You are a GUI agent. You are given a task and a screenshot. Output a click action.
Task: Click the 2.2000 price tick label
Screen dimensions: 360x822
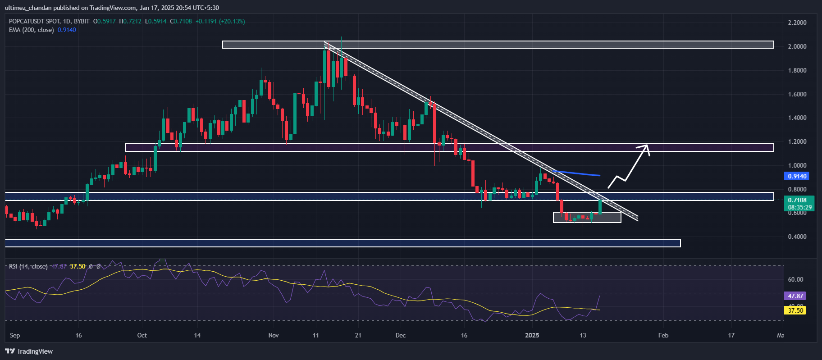click(x=797, y=23)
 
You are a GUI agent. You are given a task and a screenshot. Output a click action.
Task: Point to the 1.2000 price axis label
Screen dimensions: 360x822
click(x=797, y=141)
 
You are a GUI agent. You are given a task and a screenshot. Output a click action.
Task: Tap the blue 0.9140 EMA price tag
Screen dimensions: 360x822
click(x=797, y=176)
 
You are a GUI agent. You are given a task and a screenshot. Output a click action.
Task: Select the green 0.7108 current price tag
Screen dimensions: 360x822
click(x=797, y=200)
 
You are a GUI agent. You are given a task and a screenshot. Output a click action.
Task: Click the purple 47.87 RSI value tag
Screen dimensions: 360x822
click(x=795, y=296)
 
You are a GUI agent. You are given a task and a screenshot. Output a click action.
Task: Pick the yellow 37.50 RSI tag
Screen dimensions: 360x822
click(x=795, y=310)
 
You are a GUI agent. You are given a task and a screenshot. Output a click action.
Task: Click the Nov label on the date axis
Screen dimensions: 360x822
click(x=273, y=335)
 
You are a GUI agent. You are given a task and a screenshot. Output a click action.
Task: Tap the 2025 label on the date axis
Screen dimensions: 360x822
click(x=532, y=335)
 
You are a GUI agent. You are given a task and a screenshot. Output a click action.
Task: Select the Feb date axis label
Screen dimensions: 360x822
click(x=663, y=335)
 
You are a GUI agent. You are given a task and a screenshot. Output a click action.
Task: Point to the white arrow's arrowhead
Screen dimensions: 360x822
click(x=646, y=147)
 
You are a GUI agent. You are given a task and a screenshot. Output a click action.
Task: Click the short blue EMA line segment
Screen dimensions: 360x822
click(x=577, y=173)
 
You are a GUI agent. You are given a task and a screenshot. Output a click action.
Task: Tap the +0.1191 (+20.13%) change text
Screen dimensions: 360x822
click(x=220, y=21)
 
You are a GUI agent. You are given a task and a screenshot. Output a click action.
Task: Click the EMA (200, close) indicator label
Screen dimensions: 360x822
click(x=32, y=30)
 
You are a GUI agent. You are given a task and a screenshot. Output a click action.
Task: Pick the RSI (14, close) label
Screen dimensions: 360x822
click(x=28, y=266)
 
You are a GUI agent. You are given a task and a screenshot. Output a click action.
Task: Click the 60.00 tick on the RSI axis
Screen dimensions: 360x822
click(x=795, y=279)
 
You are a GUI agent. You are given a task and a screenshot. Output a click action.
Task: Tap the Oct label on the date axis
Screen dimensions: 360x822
click(x=142, y=335)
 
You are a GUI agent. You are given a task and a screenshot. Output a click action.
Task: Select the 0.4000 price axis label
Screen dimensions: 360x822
click(x=797, y=237)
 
